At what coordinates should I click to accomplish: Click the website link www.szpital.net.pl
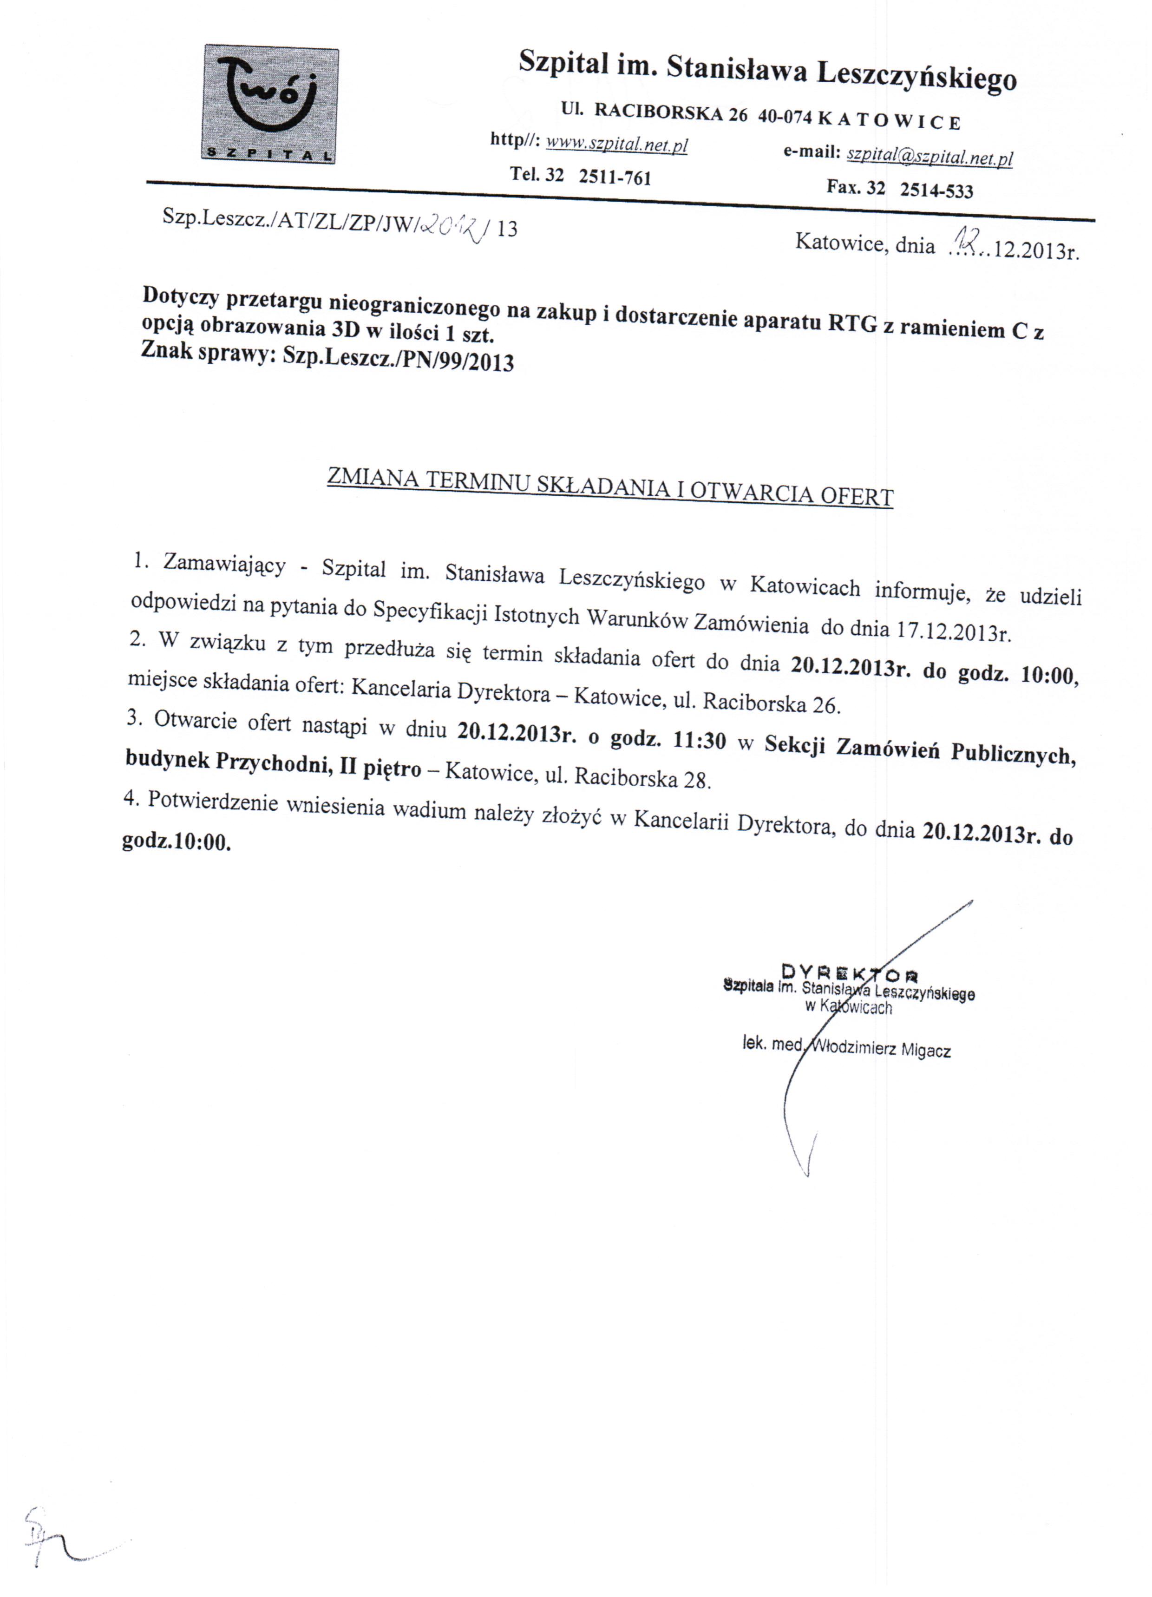tap(617, 145)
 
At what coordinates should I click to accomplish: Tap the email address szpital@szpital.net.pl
tap(929, 156)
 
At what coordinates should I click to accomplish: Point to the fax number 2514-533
tap(936, 190)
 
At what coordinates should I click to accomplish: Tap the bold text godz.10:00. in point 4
tap(176, 842)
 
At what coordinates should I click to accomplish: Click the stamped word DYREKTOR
tap(849, 973)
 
